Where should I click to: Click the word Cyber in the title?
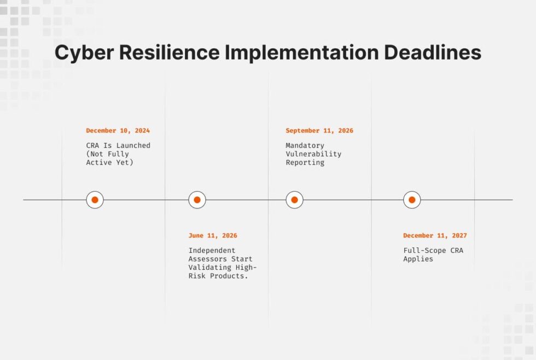point(83,53)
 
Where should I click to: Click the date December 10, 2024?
point(118,131)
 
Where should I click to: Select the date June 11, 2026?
point(213,236)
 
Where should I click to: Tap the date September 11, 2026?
point(319,131)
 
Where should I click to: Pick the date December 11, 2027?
point(435,236)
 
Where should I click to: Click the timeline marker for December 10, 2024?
point(95,200)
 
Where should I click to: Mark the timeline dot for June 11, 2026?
point(197,200)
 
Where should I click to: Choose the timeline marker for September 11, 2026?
point(294,200)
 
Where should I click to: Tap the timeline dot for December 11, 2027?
point(412,200)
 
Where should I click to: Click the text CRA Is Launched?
point(118,146)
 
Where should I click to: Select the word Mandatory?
point(305,146)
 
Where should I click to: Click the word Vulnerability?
point(313,154)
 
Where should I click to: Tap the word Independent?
point(212,251)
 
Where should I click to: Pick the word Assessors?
point(207,259)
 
